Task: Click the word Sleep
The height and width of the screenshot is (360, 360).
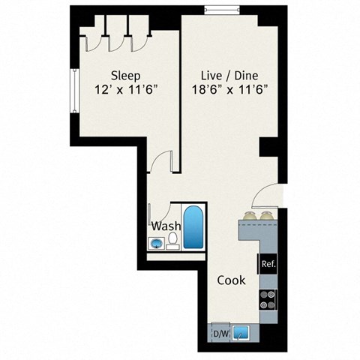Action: pyautogui.click(x=124, y=75)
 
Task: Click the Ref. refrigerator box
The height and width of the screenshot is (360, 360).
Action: pyautogui.click(x=268, y=263)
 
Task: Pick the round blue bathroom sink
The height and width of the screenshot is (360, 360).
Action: pyautogui.click(x=157, y=243)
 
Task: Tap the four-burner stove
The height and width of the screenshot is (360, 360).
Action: pyautogui.click(x=268, y=300)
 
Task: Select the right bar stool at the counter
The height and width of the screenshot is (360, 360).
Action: pyautogui.click(x=267, y=217)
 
